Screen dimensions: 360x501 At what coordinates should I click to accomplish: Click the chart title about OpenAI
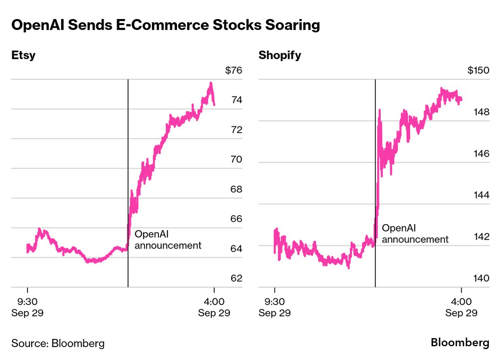(x=166, y=25)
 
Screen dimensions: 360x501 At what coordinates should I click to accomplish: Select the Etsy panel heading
(x=23, y=55)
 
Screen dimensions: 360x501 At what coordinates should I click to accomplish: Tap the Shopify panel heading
(x=280, y=55)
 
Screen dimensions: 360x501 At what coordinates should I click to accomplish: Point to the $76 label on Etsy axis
(x=233, y=71)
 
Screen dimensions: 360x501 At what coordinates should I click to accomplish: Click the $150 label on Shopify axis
(x=478, y=71)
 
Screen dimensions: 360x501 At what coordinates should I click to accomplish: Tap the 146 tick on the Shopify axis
(x=481, y=154)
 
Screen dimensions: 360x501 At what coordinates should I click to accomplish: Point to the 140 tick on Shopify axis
(x=481, y=278)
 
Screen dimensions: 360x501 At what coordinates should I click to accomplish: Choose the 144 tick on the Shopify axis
(x=481, y=195)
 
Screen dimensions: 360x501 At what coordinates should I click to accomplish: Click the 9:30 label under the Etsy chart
(x=27, y=302)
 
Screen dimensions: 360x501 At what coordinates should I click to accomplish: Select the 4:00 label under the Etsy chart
(x=214, y=302)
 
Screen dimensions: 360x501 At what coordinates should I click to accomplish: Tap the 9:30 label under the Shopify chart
(x=275, y=302)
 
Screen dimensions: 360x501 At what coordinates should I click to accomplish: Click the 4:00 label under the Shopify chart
(x=461, y=302)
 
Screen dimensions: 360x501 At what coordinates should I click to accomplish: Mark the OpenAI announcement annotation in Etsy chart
(x=168, y=240)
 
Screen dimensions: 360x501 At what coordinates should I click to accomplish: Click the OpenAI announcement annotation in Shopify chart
(x=415, y=234)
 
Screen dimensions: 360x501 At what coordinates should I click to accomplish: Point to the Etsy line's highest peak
(x=211, y=84)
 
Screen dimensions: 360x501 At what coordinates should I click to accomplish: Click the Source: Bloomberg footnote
(x=58, y=343)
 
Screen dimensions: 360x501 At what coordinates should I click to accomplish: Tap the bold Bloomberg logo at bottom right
(x=460, y=343)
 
